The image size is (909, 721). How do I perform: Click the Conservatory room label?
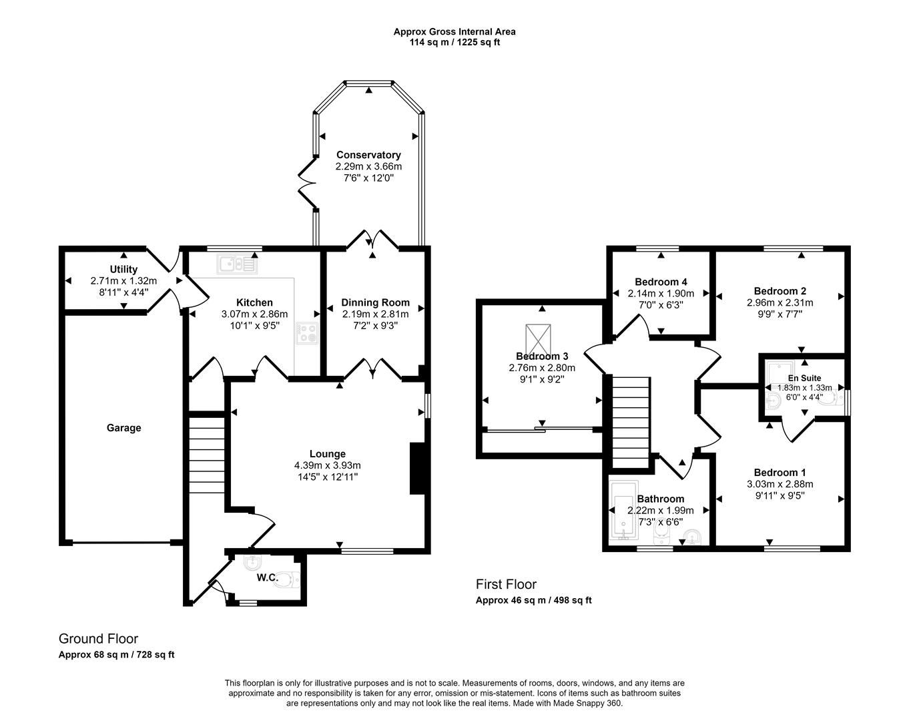(368, 155)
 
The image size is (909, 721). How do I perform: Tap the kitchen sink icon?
(237, 265)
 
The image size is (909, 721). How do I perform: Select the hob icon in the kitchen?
(308, 332)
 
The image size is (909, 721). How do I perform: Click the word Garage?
(123, 428)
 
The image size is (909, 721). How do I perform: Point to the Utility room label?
(123, 270)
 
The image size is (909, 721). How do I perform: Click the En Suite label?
(804, 378)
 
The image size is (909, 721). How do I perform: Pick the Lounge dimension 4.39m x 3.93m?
(327, 465)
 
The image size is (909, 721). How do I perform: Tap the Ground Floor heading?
(98, 639)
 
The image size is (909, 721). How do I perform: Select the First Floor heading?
(506, 585)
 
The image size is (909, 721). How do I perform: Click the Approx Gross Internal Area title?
(454, 31)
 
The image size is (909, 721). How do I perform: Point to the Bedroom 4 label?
(661, 282)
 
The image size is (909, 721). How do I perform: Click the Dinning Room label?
(375, 302)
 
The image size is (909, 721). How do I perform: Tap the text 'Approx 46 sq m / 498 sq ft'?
(533, 600)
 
